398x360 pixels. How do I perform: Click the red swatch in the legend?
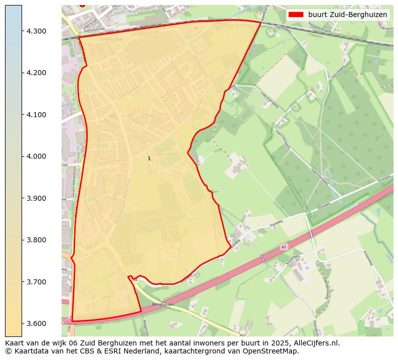point(297,15)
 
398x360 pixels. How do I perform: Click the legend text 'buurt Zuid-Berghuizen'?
point(347,15)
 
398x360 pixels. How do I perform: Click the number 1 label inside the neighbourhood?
point(149,158)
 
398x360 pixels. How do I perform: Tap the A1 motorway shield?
point(284,247)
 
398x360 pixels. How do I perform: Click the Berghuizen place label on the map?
point(163,304)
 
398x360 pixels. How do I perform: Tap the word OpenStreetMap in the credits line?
point(273,351)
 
